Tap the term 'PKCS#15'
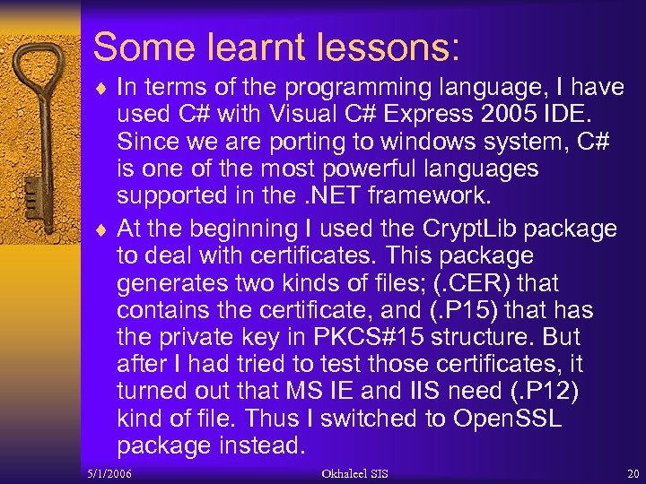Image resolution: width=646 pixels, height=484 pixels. (x=377, y=337)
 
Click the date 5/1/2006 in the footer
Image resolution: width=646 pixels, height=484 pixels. (x=111, y=473)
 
